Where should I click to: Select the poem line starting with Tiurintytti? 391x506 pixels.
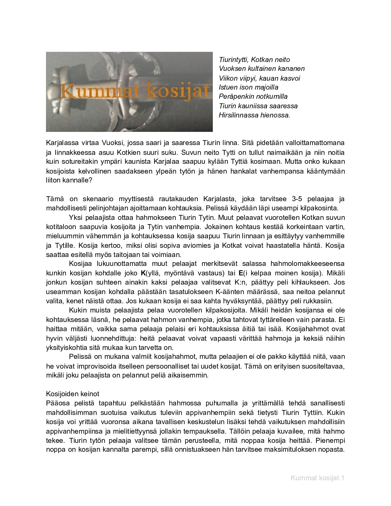[x=254, y=59]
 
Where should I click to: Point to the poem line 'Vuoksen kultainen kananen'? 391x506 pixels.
[x=262, y=69]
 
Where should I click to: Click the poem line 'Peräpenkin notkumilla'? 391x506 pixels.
[x=253, y=97]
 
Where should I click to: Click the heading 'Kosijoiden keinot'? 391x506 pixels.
[x=72, y=393]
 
